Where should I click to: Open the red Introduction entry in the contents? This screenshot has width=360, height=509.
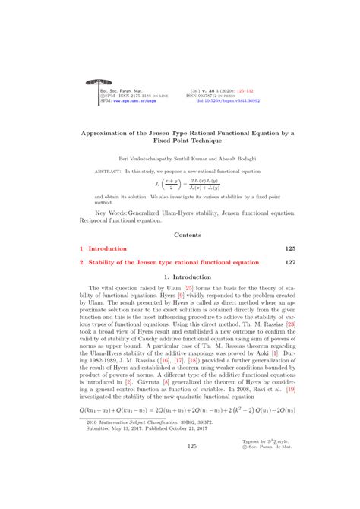click(108, 248)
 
